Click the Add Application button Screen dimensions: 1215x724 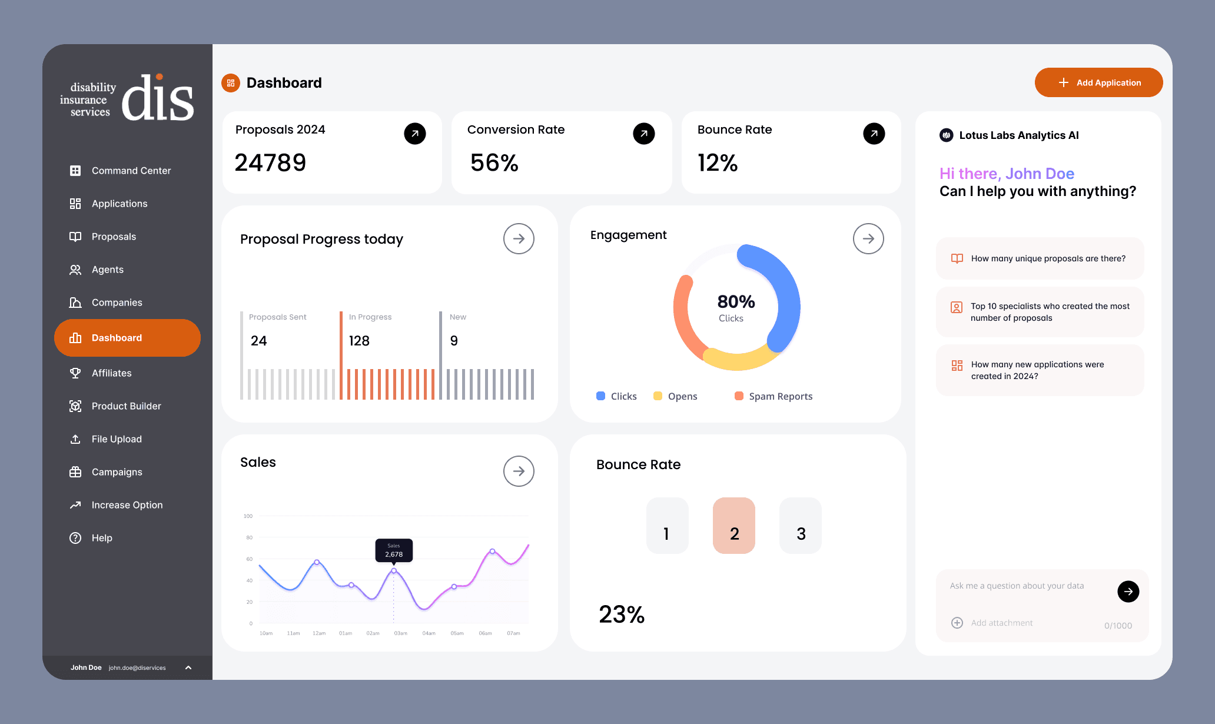coord(1098,82)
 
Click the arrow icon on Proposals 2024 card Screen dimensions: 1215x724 coord(415,134)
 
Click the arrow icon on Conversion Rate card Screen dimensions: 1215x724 coord(644,134)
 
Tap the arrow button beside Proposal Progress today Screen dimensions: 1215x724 coord(519,238)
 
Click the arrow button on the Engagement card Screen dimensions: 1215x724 coord(868,238)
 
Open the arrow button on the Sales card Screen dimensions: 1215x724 coord(519,471)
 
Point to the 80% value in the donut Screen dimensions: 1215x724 coord(736,301)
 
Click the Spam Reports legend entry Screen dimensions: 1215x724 coord(774,396)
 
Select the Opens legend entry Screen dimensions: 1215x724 coord(675,396)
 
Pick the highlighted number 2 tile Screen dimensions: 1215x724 coord(734,526)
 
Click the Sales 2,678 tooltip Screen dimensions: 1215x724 coord(394,550)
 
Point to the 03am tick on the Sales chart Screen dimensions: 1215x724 coord(401,633)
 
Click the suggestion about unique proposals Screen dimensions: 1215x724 coord(1040,258)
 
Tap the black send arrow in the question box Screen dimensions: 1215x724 coord(1128,592)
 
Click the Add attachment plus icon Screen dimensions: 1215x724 coord(957,623)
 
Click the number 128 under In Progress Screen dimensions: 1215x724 coord(359,341)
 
